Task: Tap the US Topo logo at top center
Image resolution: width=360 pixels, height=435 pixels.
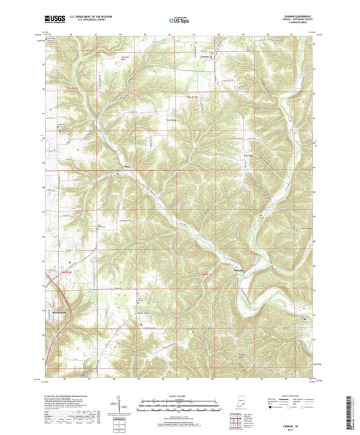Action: pos(178,21)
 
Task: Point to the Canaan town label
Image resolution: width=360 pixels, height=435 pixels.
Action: pos(206,57)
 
